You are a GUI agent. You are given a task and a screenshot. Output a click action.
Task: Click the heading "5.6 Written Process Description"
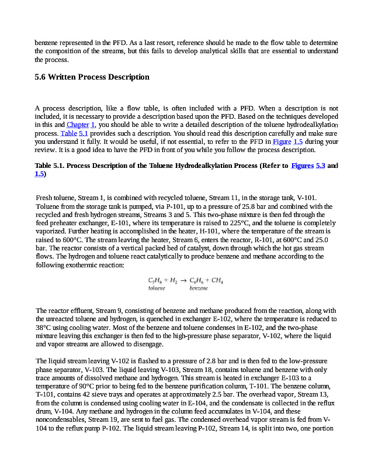tap(92, 77)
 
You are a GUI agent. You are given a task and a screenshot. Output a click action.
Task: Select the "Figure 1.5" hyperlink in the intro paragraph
tap(287, 141)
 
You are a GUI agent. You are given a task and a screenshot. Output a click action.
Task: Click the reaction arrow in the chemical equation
tap(182, 280)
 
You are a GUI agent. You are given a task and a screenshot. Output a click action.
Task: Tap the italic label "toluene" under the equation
tap(157, 288)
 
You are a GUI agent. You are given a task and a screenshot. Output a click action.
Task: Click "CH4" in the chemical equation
tap(217, 280)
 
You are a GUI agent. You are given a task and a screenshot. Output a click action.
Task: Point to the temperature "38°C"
tap(44, 328)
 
